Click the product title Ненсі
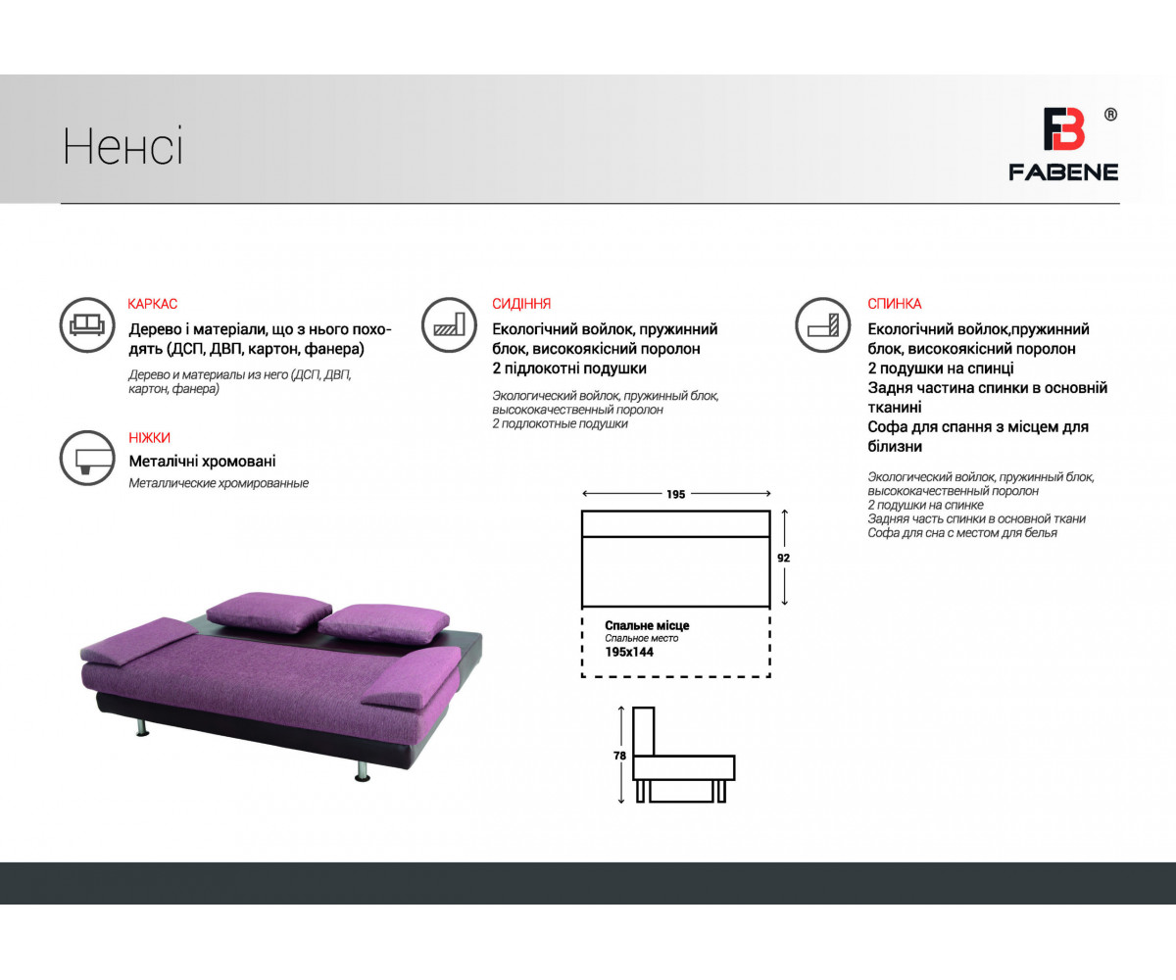pos(122,146)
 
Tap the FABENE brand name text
pos(1063,172)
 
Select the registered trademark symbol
pos(1110,115)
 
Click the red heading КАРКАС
pos(152,304)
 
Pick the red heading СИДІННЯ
pos(521,304)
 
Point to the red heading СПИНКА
pos(895,304)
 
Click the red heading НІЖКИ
pos(149,438)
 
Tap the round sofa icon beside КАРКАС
pos(87,325)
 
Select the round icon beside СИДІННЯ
pos(449,325)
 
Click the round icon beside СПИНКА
pos(823,325)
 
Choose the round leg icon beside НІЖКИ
pos(87,458)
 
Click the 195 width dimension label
pos(676,495)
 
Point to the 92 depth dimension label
pos(783,559)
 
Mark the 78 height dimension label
pos(619,756)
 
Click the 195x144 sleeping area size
pos(629,653)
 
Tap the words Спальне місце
pos(647,626)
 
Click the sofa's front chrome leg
pos(363,769)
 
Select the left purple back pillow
pos(269,612)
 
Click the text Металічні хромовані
pos(202,462)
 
